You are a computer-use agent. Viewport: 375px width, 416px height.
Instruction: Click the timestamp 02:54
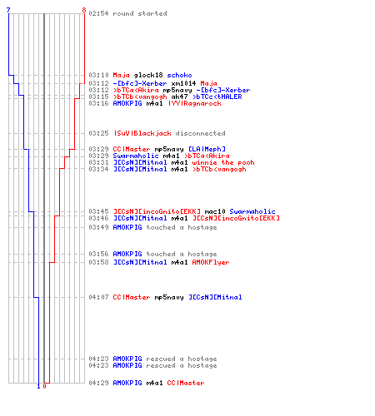(x=98, y=13)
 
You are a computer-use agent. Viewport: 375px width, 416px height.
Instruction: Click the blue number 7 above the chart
(x=8, y=10)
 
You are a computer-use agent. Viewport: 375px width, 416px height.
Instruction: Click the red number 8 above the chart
(x=84, y=10)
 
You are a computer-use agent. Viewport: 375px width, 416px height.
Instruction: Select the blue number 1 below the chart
(x=38, y=386)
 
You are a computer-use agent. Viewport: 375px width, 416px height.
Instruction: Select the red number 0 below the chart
(x=44, y=386)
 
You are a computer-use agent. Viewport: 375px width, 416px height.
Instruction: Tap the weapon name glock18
(x=148, y=75)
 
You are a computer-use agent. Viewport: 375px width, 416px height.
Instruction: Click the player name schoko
(x=179, y=75)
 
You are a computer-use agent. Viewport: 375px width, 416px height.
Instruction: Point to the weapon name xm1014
(x=183, y=83)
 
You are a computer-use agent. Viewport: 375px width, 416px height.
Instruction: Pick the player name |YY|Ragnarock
(x=195, y=103)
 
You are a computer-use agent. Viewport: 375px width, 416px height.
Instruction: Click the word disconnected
(x=200, y=133)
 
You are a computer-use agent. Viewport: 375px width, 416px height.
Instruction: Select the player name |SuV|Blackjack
(x=142, y=133)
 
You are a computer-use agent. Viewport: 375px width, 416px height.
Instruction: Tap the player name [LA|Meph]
(x=207, y=149)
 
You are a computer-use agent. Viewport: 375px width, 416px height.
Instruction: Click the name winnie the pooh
(x=223, y=162)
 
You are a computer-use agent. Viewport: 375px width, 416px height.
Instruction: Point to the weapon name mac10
(x=215, y=211)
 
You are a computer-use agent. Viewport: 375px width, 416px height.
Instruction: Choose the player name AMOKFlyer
(x=211, y=262)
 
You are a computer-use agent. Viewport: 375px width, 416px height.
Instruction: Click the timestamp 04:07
(x=98, y=297)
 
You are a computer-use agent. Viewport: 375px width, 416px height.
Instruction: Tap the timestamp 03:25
(x=98, y=133)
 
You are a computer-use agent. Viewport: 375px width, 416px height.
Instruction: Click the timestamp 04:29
(x=98, y=383)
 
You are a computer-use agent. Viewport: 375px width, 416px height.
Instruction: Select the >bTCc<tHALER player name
(x=217, y=97)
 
